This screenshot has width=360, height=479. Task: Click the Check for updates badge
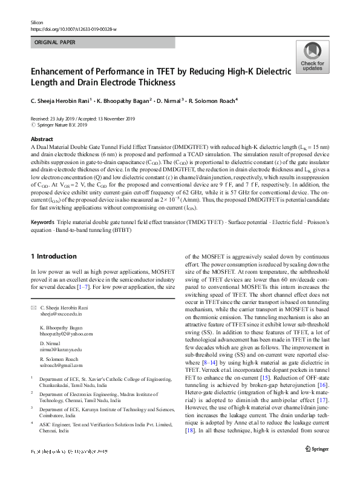point(312,58)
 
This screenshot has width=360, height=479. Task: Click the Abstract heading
point(42,139)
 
